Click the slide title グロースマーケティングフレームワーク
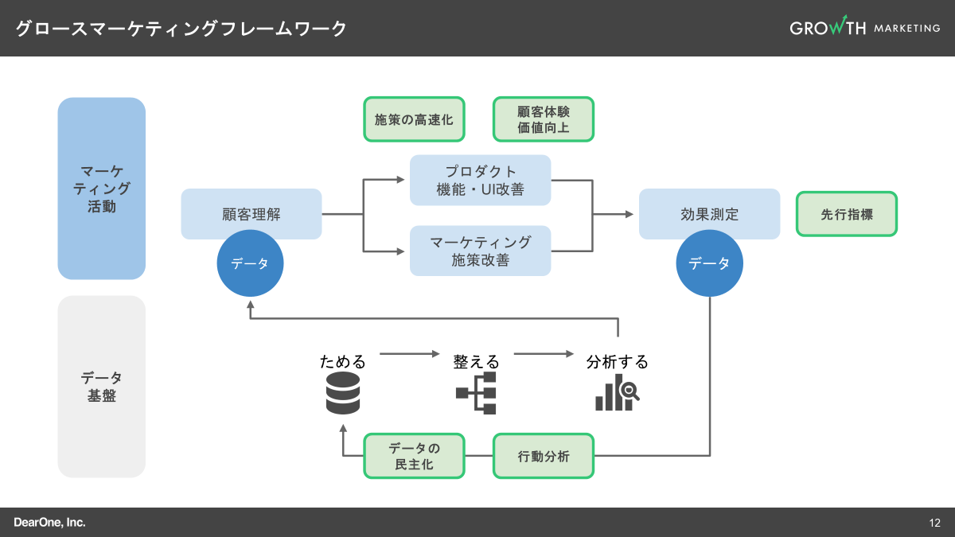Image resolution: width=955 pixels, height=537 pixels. click(181, 29)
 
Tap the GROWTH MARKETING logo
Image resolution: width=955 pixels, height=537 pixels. click(864, 28)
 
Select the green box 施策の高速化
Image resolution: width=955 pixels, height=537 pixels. click(414, 119)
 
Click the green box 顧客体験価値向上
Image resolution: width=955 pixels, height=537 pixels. click(544, 119)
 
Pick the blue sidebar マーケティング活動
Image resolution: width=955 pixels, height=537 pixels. click(102, 189)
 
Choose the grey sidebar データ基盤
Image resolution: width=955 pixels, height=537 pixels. click(102, 387)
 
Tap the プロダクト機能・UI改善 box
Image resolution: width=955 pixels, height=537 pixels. click(481, 181)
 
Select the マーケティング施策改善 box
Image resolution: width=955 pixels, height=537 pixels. click(481, 251)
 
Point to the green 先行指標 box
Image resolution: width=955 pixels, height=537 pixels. click(847, 214)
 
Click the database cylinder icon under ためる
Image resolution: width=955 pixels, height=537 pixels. click(343, 394)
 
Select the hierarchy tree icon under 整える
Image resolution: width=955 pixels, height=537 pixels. click(476, 393)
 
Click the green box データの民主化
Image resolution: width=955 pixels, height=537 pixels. click(414, 456)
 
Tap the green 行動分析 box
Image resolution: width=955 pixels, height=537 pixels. click(544, 456)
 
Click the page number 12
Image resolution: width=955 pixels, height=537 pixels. click(934, 523)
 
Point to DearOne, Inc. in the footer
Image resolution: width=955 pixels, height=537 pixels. click(49, 523)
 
